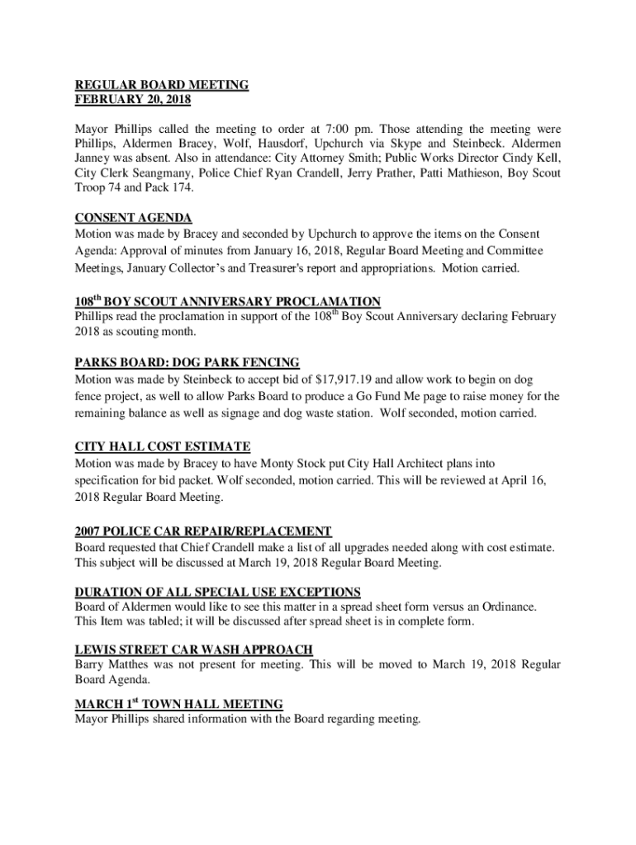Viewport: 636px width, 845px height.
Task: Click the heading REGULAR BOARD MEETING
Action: click(162, 85)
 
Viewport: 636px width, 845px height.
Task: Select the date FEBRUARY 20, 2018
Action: click(133, 100)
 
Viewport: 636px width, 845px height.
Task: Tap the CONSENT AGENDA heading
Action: click(134, 218)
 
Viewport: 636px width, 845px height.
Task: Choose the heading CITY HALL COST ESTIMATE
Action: click(163, 446)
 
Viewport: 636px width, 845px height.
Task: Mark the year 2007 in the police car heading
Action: click(89, 531)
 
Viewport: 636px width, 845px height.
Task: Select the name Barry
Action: click(90, 665)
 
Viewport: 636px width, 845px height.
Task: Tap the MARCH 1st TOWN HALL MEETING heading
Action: click(179, 704)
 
